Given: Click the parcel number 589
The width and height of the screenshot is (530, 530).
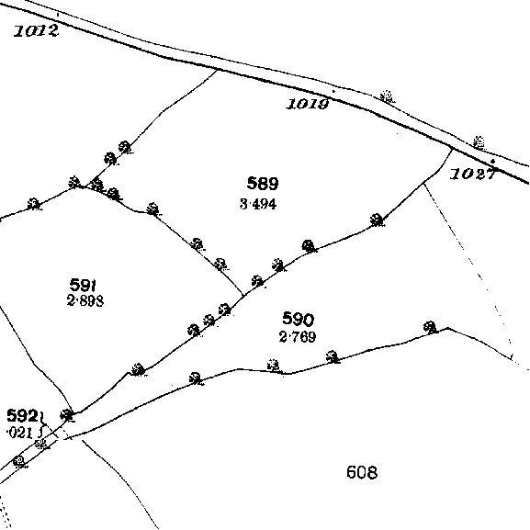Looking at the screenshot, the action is [x=263, y=184].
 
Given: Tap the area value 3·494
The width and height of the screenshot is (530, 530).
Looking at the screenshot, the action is [x=258, y=204].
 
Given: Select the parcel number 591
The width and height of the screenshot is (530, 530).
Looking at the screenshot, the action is [x=83, y=285].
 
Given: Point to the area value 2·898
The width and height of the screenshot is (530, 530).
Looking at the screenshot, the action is [x=85, y=300].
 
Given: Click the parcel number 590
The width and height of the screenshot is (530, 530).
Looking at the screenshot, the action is [x=299, y=319].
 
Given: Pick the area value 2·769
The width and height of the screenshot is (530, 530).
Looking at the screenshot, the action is [x=298, y=337].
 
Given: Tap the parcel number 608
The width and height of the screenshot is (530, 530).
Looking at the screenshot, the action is [x=362, y=472].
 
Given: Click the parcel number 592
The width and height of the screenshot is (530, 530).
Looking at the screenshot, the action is [x=22, y=416].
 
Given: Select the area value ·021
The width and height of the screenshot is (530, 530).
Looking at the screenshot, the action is [x=20, y=433].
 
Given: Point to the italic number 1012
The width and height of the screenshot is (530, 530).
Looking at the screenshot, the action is [x=37, y=31].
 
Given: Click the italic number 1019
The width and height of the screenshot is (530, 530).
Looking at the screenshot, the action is [x=308, y=104].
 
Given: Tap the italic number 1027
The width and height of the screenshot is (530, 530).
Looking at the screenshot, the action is [x=472, y=175].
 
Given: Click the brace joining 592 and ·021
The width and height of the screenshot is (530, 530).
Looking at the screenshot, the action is [x=42, y=424].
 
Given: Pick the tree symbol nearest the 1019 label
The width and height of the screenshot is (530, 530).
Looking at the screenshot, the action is [x=387, y=96].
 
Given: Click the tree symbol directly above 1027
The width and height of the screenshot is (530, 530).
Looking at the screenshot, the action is [x=479, y=142].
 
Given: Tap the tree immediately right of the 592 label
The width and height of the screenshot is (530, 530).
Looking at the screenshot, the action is [x=67, y=415].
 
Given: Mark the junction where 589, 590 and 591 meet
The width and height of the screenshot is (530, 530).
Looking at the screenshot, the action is [x=243, y=296].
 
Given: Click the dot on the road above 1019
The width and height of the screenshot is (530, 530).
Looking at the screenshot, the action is [x=333, y=91].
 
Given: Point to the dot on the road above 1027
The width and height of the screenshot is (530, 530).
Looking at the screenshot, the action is [x=493, y=162].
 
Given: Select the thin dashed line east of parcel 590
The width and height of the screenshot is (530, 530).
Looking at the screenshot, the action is [x=468, y=267].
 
